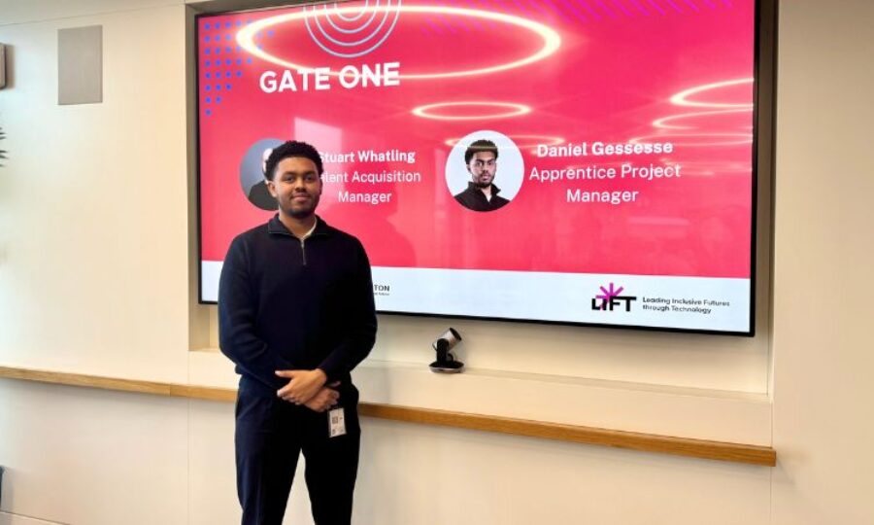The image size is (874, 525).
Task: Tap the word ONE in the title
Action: coord(369,76)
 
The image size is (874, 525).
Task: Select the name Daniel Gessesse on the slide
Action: coord(604,150)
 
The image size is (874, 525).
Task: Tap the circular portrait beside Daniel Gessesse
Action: coord(484,171)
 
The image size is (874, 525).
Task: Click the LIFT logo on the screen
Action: coord(614,299)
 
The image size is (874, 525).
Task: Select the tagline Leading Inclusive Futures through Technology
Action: coord(685,305)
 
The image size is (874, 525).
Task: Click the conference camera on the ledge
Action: coord(447,350)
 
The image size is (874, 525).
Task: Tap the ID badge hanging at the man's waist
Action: coord(337,421)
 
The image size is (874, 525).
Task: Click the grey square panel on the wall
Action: coord(80,64)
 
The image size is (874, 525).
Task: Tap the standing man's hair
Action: coord(293,155)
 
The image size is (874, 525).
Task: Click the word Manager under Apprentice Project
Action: coord(602,195)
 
